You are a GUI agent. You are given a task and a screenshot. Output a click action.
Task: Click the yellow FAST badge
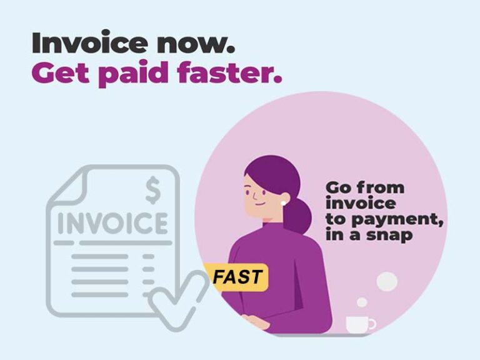coord(237,277)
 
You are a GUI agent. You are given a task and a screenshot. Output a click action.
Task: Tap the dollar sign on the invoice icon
coord(152,191)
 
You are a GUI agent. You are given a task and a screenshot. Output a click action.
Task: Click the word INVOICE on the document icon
coord(113,224)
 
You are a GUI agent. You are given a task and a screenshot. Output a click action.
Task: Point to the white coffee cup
coord(359,324)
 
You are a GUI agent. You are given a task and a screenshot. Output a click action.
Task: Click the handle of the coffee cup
coord(372,323)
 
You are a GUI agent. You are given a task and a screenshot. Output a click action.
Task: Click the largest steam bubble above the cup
coord(387,281)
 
